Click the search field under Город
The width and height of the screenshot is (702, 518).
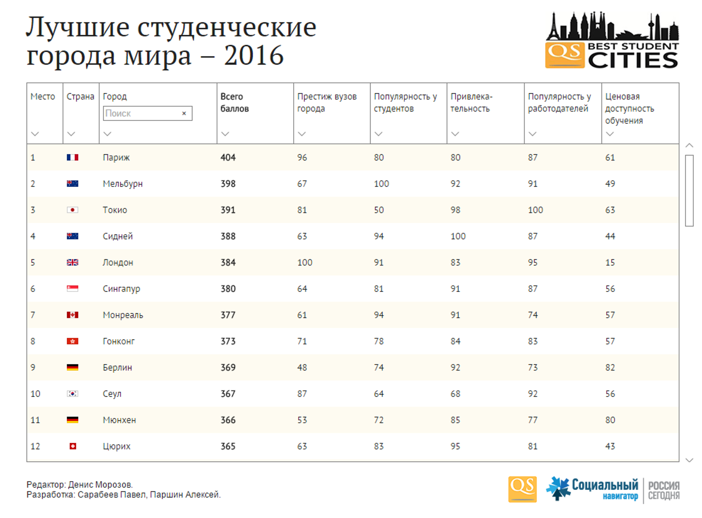142,113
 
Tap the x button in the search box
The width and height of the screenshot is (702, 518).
184,113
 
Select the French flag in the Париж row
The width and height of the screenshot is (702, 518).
73,158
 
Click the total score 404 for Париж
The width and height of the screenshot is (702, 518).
228,158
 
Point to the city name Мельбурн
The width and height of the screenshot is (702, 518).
123,184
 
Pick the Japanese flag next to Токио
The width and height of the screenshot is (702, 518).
73,210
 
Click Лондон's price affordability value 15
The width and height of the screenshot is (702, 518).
610,263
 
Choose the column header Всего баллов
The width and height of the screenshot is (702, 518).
234,103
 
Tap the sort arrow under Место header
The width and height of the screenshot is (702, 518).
35,134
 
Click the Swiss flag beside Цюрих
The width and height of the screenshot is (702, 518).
73,446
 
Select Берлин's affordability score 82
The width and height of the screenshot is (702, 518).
610,368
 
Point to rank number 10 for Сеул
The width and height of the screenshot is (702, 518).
35,394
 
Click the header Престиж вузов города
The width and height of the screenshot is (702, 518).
327,103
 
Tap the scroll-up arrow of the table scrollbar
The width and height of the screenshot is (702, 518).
689,146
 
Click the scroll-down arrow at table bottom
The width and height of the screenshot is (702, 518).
689,460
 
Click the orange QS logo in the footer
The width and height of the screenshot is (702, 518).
522,489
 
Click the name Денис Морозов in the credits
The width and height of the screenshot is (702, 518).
100,485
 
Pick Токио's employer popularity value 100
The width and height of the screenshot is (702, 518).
535,210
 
